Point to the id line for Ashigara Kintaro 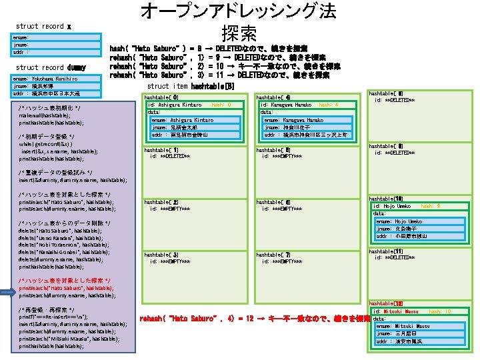pyautogui.click(x=175, y=105)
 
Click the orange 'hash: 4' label pyautogui.click(x=329, y=105)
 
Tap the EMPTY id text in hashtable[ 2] pyautogui.click(x=170, y=209)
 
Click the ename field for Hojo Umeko pyautogui.click(x=399, y=221)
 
